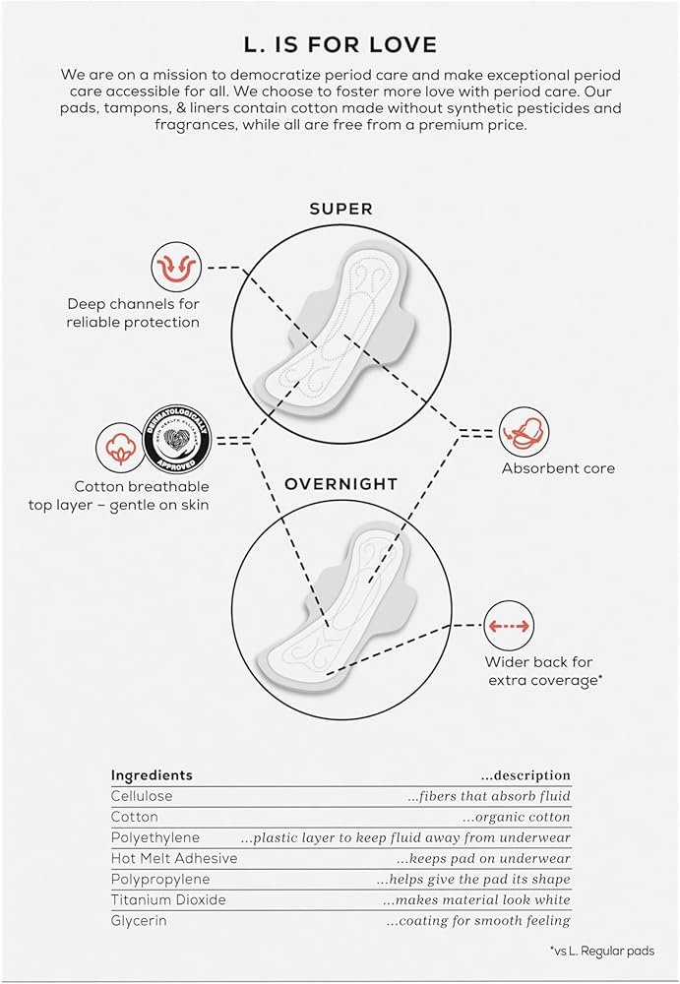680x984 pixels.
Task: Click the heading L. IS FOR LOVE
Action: pyautogui.click(x=340, y=45)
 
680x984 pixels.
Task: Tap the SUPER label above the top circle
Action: pyautogui.click(x=340, y=209)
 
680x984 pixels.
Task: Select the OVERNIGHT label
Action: pyautogui.click(x=340, y=485)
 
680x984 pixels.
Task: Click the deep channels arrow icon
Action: pyautogui.click(x=176, y=267)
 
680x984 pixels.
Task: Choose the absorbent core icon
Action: pyautogui.click(x=524, y=432)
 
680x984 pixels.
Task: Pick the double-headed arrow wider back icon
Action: pyautogui.click(x=510, y=625)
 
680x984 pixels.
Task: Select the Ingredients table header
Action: pyautogui.click(x=152, y=775)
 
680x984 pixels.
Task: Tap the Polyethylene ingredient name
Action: pyautogui.click(x=155, y=837)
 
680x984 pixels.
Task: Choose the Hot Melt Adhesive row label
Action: pyautogui.click(x=173, y=858)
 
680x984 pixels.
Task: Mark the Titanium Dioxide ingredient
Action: pyautogui.click(x=167, y=899)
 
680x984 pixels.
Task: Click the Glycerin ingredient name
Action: pyautogui.click(x=140, y=920)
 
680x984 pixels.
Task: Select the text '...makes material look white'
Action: pyautogui.click(x=476, y=899)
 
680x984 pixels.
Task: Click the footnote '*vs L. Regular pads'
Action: pyautogui.click(x=601, y=951)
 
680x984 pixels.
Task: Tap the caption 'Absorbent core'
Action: pyautogui.click(x=558, y=468)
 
